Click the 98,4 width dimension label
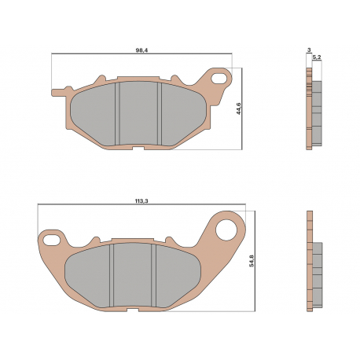point(141,50)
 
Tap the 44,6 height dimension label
point(238,108)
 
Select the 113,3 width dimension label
point(141,201)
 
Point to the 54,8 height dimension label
point(252,261)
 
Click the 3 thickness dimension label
point(309,50)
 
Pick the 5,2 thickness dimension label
point(317,57)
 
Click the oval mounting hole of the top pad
point(219,79)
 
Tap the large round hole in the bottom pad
point(226,230)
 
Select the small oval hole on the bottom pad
point(51,240)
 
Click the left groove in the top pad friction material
point(117,113)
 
